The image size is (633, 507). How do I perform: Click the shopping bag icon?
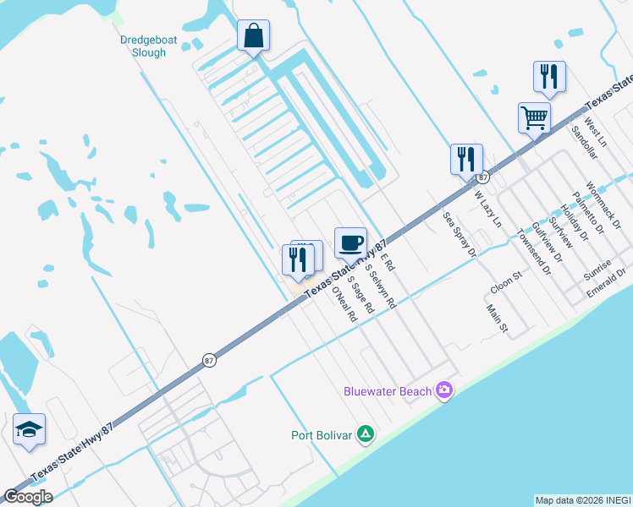click(253, 36)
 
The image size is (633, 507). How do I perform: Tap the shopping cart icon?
click(534, 117)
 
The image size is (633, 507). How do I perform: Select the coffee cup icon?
click(350, 243)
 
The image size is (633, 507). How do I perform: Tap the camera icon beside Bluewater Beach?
click(444, 390)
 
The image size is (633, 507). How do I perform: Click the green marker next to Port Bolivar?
click(366, 435)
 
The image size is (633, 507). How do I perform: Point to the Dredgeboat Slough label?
click(142, 46)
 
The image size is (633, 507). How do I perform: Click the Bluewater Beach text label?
click(388, 390)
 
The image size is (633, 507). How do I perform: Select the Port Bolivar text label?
click(321, 436)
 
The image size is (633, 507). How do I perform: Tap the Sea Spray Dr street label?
click(460, 234)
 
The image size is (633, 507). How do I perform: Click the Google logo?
click(28, 497)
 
